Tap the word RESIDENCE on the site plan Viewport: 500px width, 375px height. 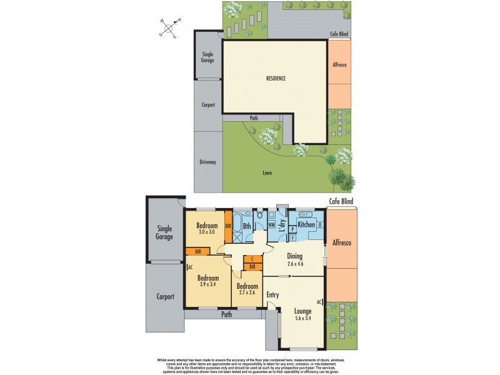click(x=275, y=79)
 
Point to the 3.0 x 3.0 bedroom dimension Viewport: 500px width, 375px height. click(x=206, y=232)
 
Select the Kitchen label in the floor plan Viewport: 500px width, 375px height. click(x=306, y=224)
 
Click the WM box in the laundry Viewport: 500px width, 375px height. click(x=272, y=224)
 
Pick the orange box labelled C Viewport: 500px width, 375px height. click(x=251, y=259)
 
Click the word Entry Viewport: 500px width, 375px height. click(x=273, y=295)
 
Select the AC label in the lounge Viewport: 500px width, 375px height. click(x=319, y=302)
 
